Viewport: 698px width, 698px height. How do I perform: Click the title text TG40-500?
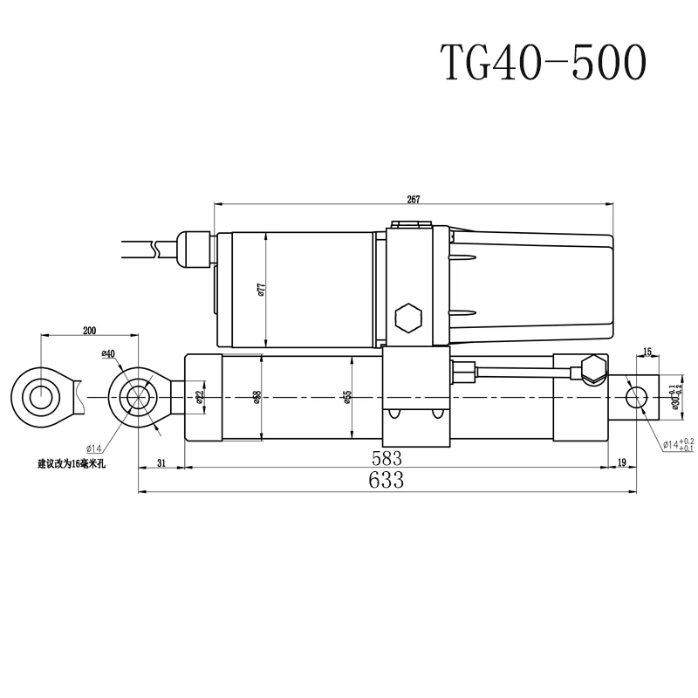542,63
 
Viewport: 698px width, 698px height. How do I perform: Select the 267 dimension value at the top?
414,200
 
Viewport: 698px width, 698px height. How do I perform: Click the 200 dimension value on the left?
89,330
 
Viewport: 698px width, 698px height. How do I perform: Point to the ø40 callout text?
108,353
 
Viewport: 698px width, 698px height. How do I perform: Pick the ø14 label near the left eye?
94,425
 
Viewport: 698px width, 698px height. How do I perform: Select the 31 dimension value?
161,463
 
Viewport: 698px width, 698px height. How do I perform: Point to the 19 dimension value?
621,463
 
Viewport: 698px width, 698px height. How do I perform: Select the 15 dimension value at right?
647,352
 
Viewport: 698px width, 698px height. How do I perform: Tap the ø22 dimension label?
200,397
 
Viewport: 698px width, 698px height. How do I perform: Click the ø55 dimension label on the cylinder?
347,397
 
